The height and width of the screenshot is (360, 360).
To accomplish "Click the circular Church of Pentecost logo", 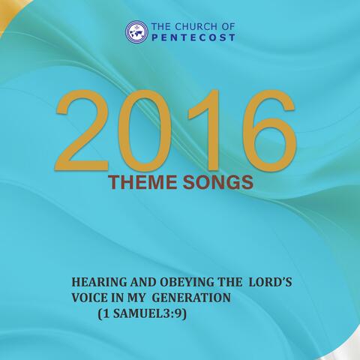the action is [136, 32].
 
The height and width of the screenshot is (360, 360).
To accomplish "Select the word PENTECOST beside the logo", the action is [193, 37].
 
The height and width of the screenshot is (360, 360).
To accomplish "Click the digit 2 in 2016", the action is [82, 130].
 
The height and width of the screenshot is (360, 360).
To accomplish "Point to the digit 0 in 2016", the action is [144, 131].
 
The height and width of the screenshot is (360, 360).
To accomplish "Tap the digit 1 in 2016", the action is [205, 130].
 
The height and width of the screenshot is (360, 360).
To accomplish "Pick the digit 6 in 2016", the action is [270, 131].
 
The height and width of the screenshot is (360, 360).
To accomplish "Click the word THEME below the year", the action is [142, 182].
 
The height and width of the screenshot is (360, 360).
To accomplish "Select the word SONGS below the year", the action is [218, 182].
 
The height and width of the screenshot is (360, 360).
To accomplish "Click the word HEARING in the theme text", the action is [100, 283].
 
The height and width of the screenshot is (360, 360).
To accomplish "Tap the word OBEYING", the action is [187, 283].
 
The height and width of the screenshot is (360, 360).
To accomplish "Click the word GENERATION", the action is [191, 298].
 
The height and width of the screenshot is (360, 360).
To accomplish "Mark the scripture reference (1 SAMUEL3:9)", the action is [142, 313].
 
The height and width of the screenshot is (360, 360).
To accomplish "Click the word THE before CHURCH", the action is [161, 26].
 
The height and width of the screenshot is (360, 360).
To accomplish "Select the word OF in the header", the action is [228, 26].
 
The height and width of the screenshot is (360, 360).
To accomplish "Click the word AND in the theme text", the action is [143, 283].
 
